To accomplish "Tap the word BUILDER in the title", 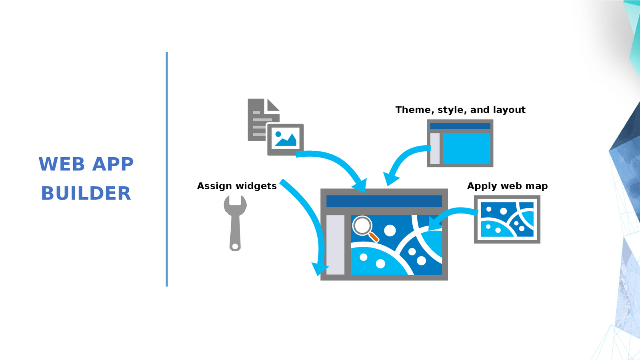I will (86, 194).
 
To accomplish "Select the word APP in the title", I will (113, 164).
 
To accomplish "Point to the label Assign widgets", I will (237, 186).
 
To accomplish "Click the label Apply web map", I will (507, 186).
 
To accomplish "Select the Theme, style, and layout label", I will (460, 110).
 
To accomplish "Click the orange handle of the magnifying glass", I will (374, 237).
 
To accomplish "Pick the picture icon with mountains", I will (285, 139).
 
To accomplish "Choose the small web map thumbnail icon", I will (507, 219).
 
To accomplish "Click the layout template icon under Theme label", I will (460, 143).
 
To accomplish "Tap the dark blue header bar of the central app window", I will (384, 201).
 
